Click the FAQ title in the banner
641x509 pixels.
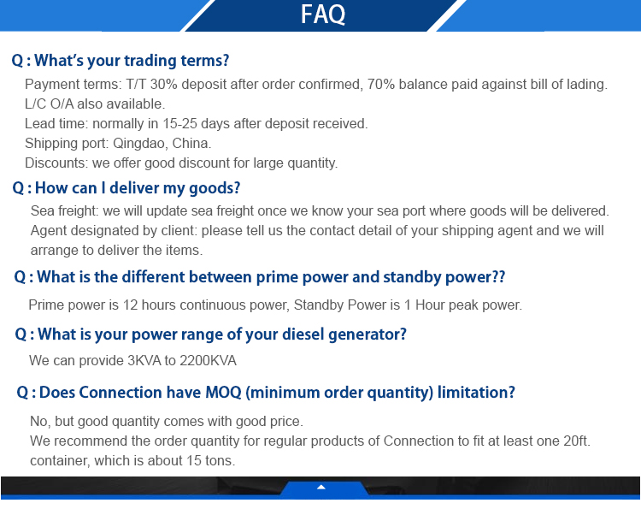click(323, 15)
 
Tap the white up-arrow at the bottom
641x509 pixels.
click(321, 487)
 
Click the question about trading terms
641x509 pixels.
click(121, 61)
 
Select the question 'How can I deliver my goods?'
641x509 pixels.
click(126, 188)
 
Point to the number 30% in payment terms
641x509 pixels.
click(163, 85)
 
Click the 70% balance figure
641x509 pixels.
click(381, 85)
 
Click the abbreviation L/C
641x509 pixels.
click(36, 104)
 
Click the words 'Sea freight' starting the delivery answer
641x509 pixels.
click(64, 211)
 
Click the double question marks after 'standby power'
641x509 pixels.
click(499, 277)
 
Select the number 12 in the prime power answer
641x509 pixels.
click(131, 305)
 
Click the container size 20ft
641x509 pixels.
click(576, 441)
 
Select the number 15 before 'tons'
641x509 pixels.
click(194, 461)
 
